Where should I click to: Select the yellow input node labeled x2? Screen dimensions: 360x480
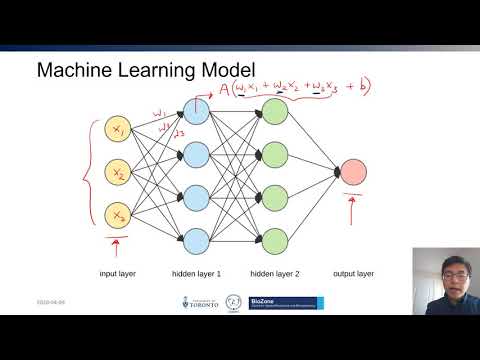click(x=119, y=174)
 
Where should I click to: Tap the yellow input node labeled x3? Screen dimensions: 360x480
click(x=119, y=215)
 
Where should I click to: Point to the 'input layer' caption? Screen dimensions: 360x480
click(x=119, y=273)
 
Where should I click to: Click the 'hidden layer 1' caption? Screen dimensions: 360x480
click(x=197, y=273)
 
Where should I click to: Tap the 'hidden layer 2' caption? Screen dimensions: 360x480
click(x=275, y=273)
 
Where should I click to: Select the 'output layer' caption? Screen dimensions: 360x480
click(x=354, y=273)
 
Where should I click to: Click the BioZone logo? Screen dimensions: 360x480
click(x=290, y=303)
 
